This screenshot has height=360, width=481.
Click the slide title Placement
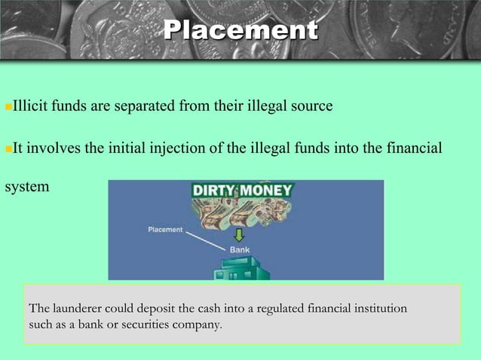(x=240, y=31)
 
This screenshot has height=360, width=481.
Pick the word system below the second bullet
(x=27, y=185)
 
